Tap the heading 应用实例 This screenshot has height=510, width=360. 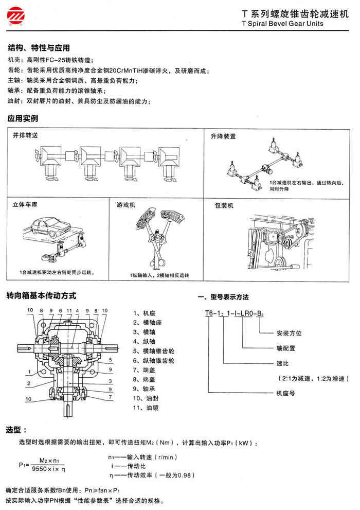(x=23, y=118)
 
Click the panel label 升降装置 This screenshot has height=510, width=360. (x=223, y=136)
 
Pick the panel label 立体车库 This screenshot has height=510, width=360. (x=25, y=205)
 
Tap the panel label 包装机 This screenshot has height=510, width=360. (x=223, y=205)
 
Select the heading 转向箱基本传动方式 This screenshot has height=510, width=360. (x=41, y=296)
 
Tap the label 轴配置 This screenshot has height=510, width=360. (x=285, y=348)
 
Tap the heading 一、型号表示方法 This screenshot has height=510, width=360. (x=224, y=297)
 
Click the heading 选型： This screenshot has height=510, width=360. (x=16, y=429)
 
